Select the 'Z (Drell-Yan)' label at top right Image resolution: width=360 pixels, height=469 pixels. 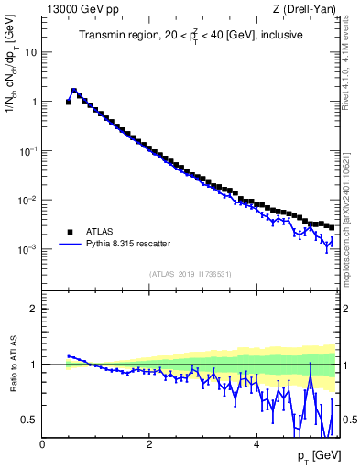tap(305, 9)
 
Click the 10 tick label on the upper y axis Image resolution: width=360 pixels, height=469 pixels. tap(31, 52)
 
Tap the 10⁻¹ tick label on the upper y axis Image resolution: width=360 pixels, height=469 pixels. tap(27, 150)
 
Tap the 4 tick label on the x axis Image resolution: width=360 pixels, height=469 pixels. tap(256, 445)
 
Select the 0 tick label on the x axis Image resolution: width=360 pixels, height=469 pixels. tap(42, 445)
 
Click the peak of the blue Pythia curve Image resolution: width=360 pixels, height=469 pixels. tap(74, 91)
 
